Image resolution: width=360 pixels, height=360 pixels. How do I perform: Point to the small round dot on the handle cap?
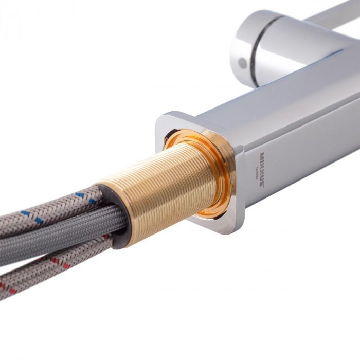pyautogui.click(x=242, y=63)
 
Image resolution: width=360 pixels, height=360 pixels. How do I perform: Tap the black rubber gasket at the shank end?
pyautogui.click(x=114, y=216)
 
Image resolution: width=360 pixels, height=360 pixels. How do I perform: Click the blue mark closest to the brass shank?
pyautogui.click(x=81, y=196)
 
